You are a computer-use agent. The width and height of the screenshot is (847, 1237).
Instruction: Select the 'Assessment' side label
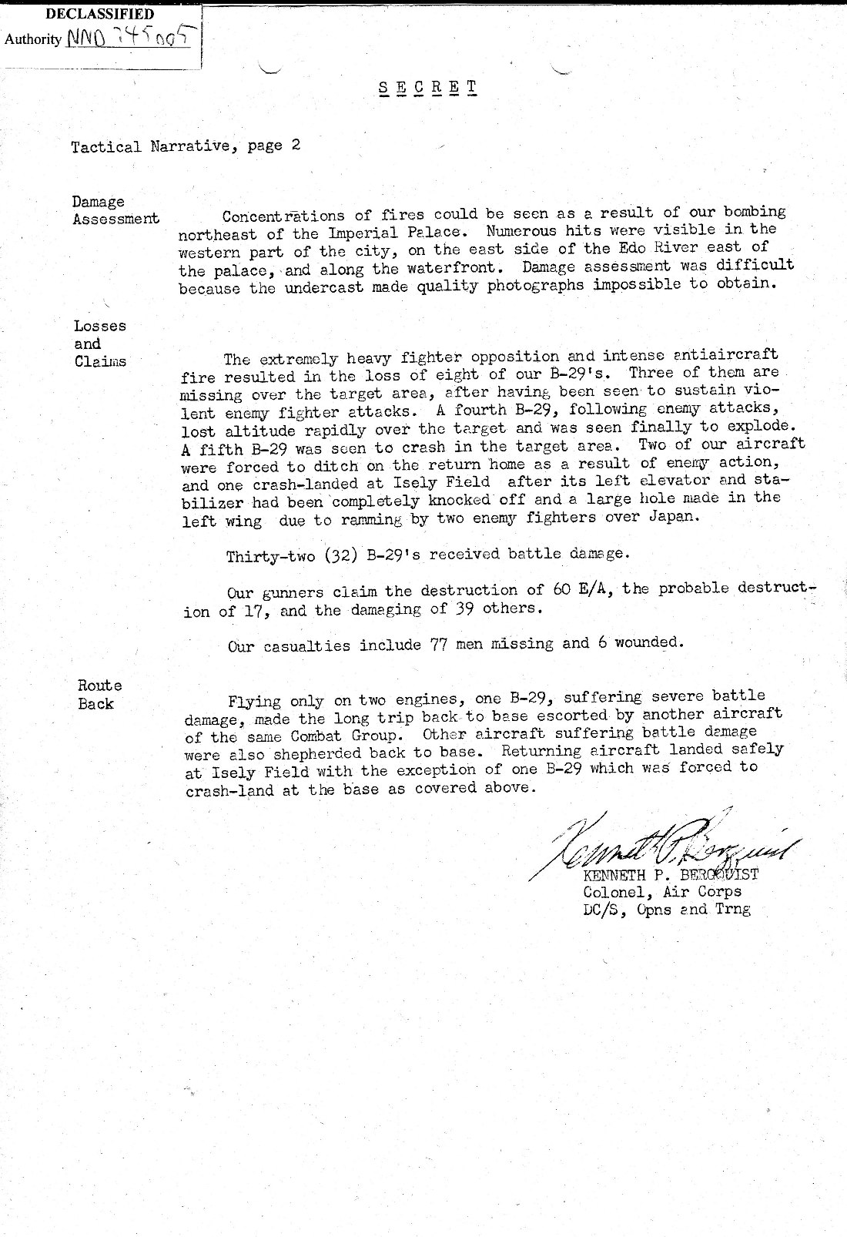(116, 219)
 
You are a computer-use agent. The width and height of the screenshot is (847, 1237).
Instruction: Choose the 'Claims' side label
(100, 361)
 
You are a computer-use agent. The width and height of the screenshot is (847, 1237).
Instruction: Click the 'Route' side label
(99, 685)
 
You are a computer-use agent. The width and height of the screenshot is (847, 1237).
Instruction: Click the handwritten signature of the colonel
(662, 848)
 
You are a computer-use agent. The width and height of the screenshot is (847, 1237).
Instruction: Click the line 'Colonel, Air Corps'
(662, 891)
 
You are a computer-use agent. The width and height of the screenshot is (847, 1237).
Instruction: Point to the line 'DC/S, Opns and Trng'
(667, 909)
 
